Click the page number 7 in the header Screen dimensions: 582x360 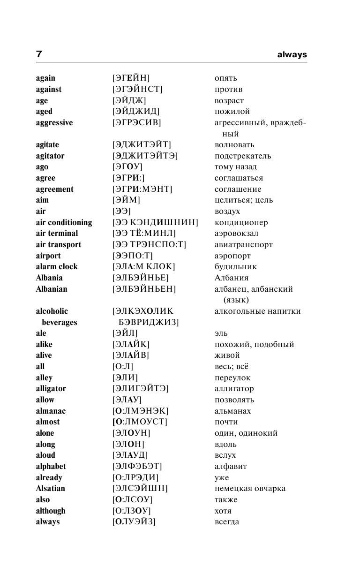(x=39, y=54)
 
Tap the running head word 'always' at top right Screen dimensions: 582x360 (x=292, y=54)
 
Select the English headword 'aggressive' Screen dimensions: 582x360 (x=54, y=123)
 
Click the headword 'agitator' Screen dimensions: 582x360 (x=50, y=156)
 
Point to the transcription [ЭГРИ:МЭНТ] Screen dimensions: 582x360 (x=142, y=189)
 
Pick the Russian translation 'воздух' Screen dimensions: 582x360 (x=227, y=212)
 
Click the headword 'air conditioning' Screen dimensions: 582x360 (x=64, y=223)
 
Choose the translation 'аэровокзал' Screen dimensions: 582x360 (x=237, y=234)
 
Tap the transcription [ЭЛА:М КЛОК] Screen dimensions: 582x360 (x=143, y=267)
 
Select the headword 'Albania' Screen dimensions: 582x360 (x=49, y=278)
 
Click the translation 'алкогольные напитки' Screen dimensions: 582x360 (x=258, y=311)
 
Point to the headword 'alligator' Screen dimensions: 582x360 (x=51, y=389)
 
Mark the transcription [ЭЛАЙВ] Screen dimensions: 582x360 (x=131, y=355)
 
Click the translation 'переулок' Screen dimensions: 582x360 (x=233, y=378)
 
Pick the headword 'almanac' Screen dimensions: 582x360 (x=51, y=411)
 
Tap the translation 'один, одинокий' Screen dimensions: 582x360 (x=246, y=433)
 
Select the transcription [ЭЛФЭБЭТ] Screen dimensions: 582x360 (x=137, y=467)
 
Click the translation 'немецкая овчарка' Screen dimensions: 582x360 (x=250, y=489)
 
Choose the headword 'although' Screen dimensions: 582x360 (x=51, y=511)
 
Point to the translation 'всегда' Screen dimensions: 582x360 (x=227, y=522)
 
